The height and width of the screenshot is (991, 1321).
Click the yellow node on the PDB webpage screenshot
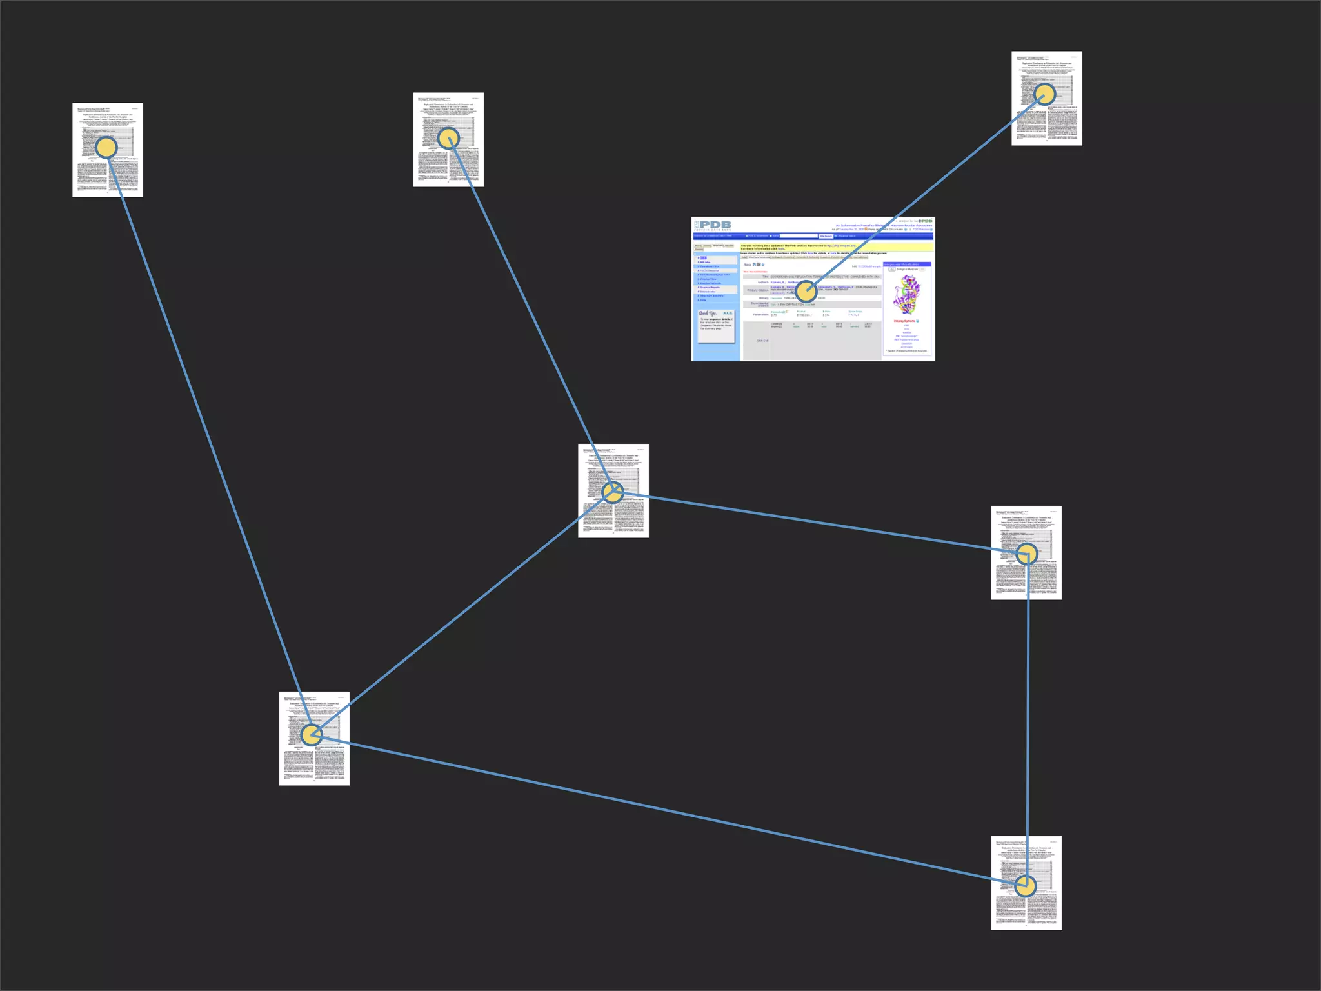[806, 292]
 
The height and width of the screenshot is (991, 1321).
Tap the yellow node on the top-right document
[1044, 94]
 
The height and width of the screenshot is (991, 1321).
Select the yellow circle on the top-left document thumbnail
[106, 148]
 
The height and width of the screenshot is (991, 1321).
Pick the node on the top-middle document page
[448, 137]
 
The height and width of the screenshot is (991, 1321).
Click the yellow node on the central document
[613, 492]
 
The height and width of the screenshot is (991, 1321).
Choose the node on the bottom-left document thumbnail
[312, 734]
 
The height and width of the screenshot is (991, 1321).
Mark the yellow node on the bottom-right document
[1025, 886]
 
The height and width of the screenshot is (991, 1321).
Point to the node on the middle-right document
[1027, 554]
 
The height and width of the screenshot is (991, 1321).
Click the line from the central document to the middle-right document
[820, 523]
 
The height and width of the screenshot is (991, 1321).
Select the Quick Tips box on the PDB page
[715, 325]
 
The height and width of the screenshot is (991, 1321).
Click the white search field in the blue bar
[799, 236]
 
